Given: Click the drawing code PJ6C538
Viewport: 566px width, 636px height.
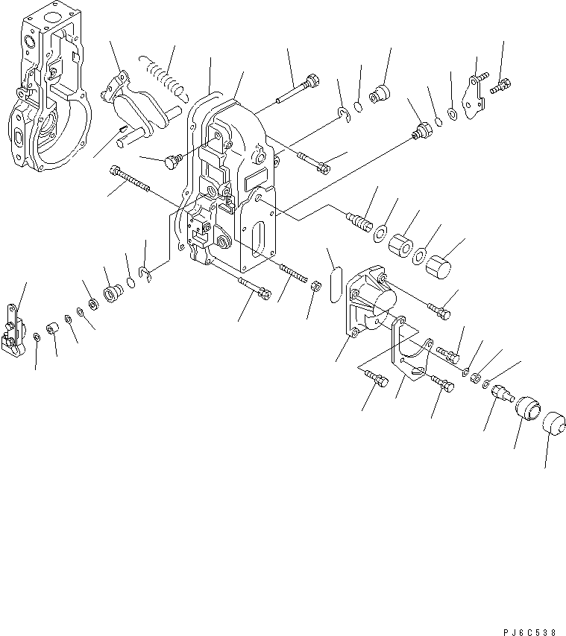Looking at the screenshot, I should (x=528, y=631).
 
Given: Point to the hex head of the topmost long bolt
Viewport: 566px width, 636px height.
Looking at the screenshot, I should (x=312, y=79).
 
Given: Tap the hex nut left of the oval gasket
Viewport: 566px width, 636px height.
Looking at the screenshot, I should (x=315, y=285).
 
